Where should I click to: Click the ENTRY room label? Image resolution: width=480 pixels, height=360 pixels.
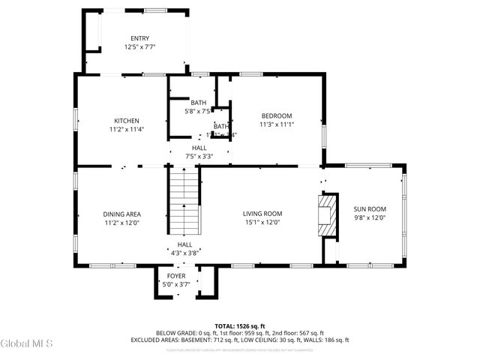tap(139, 39)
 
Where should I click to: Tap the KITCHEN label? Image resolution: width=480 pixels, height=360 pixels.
tap(126, 121)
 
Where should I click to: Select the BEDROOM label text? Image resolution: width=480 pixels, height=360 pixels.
tap(276, 115)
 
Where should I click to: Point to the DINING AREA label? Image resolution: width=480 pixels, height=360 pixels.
tap(122, 214)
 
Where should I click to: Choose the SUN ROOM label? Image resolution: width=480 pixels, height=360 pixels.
tap(370, 209)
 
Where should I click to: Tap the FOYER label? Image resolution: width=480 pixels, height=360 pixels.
tap(176, 276)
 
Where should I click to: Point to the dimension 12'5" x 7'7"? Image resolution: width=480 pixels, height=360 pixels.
tap(139, 47)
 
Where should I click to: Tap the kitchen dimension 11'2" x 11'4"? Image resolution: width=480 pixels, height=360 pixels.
tap(126, 129)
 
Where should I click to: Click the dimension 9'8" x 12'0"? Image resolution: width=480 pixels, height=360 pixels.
tap(370, 218)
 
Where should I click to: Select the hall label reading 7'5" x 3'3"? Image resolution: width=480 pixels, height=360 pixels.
tap(199, 157)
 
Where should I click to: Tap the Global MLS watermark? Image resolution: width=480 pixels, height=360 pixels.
tap(27, 344)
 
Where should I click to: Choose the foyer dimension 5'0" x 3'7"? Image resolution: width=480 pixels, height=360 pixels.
tap(176, 284)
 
